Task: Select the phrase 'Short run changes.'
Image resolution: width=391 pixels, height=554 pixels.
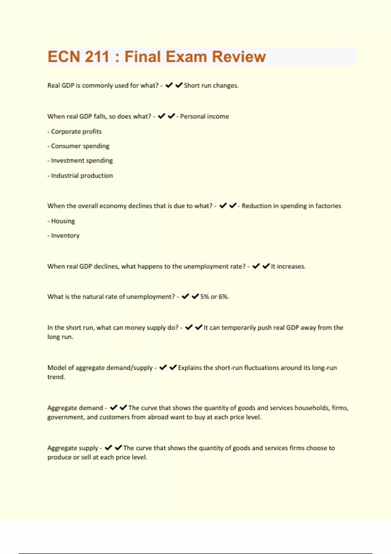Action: [211, 85]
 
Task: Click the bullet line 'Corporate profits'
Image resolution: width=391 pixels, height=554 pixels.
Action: [75, 131]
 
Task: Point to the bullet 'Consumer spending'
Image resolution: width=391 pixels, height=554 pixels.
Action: [79, 146]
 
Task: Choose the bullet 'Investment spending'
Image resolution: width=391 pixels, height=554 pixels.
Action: [80, 160]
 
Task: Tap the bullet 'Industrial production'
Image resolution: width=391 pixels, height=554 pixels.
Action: [80, 175]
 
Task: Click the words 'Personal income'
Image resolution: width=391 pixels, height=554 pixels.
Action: [204, 116]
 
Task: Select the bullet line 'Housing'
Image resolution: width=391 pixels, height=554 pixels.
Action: [61, 221]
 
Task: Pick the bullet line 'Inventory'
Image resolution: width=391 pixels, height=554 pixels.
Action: [64, 235]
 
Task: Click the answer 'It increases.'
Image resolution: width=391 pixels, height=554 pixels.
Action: [288, 266]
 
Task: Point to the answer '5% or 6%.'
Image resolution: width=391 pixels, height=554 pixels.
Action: [214, 297]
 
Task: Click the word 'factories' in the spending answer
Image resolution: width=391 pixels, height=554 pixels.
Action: [328, 206]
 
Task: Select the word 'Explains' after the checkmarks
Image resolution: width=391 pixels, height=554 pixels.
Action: [190, 368]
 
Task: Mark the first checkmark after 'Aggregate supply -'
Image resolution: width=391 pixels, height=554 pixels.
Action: [109, 448]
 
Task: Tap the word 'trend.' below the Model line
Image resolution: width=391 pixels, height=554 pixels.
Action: [56, 377]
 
